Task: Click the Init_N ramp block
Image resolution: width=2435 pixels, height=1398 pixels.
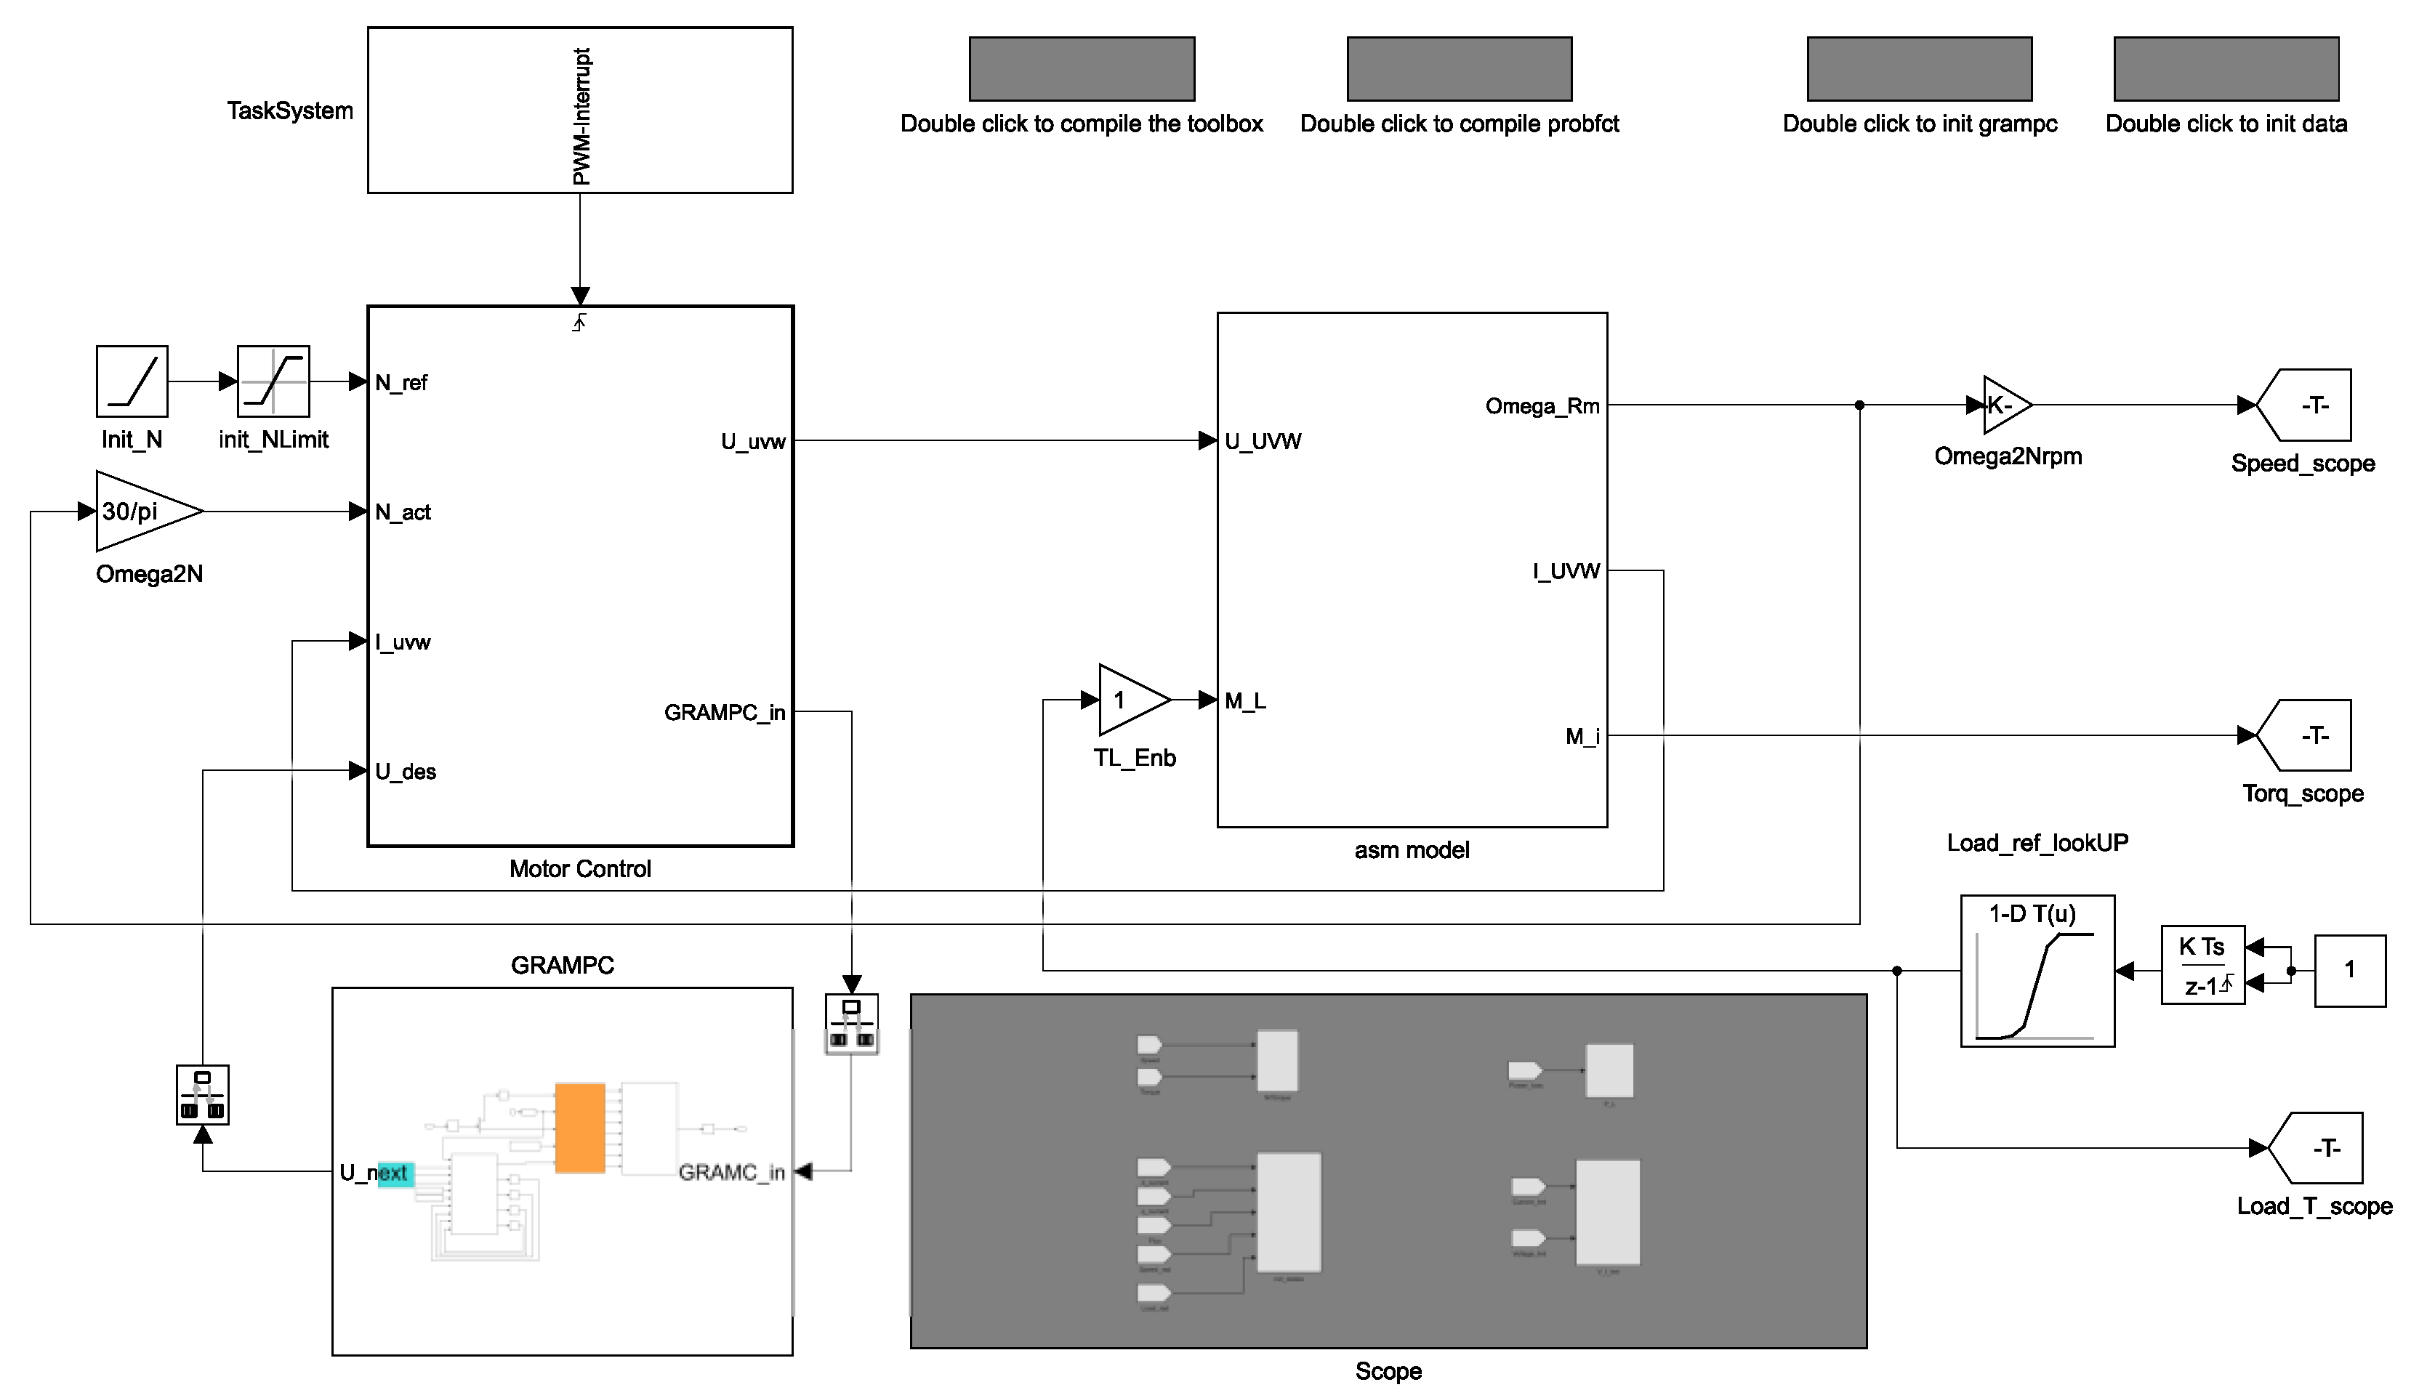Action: pyautogui.click(x=132, y=381)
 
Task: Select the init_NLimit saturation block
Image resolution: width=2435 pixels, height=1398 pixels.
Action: pyautogui.click(x=273, y=381)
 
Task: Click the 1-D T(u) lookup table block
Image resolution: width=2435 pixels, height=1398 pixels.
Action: pyautogui.click(x=2037, y=971)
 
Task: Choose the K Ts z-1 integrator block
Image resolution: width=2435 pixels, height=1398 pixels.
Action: pyautogui.click(x=2202, y=966)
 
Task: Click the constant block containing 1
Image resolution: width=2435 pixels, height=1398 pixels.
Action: pyautogui.click(x=2349, y=971)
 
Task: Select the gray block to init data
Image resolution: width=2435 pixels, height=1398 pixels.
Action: pyautogui.click(x=2226, y=69)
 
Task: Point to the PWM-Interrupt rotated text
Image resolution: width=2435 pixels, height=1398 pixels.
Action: pyautogui.click(x=581, y=116)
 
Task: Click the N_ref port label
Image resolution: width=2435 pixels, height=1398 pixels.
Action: pyautogui.click(x=401, y=383)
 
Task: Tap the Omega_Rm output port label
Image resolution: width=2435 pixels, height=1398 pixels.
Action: pyautogui.click(x=1542, y=406)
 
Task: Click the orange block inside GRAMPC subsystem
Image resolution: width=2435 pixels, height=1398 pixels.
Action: pyautogui.click(x=580, y=1128)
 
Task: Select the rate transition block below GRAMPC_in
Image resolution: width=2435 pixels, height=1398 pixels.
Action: pyautogui.click(x=852, y=1025)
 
